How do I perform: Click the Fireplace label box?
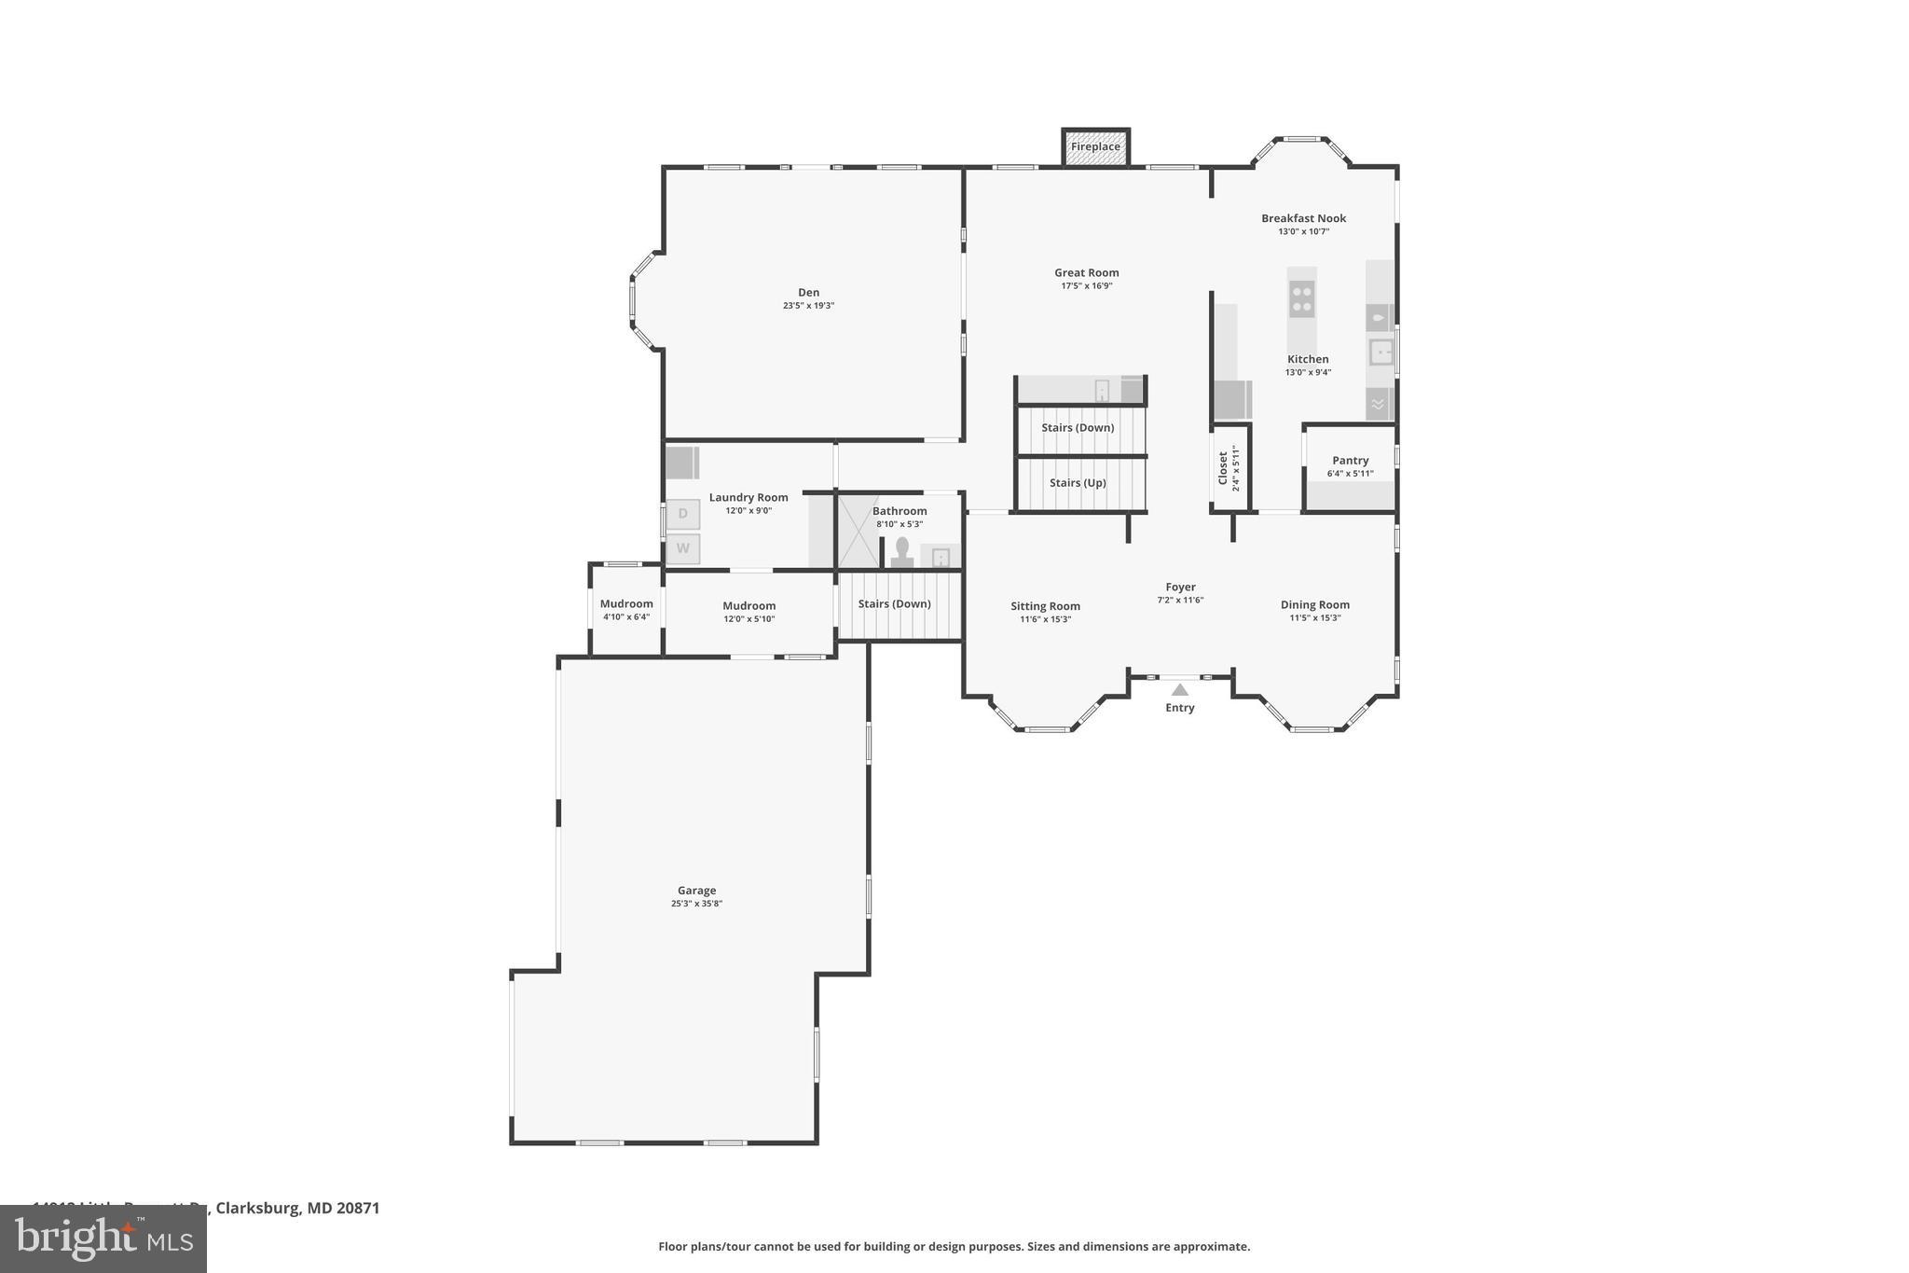click(x=1095, y=147)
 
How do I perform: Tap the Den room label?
click(x=808, y=293)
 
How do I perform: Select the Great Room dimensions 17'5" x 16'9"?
click(x=1086, y=286)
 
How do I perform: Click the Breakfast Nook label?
click(x=1303, y=218)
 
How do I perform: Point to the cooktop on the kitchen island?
click(x=1301, y=298)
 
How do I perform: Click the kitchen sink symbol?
click(x=1380, y=353)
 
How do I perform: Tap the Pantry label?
click(x=1350, y=461)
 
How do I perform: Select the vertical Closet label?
click(x=1223, y=468)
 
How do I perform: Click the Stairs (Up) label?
click(x=1078, y=483)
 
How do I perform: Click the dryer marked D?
click(x=682, y=514)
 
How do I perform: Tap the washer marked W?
click(x=682, y=548)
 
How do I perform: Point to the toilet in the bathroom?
click(x=901, y=551)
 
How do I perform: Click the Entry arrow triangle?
click(x=1180, y=690)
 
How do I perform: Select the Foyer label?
click(x=1180, y=588)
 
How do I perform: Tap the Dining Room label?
click(x=1314, y=605)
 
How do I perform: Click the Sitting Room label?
click(x=1045, y=606)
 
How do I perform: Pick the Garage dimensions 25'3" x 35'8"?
click(x=696, y=904)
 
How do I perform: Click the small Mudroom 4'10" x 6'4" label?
click(x=626, y=604)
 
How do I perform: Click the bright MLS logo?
click(x=103, y=1238)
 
